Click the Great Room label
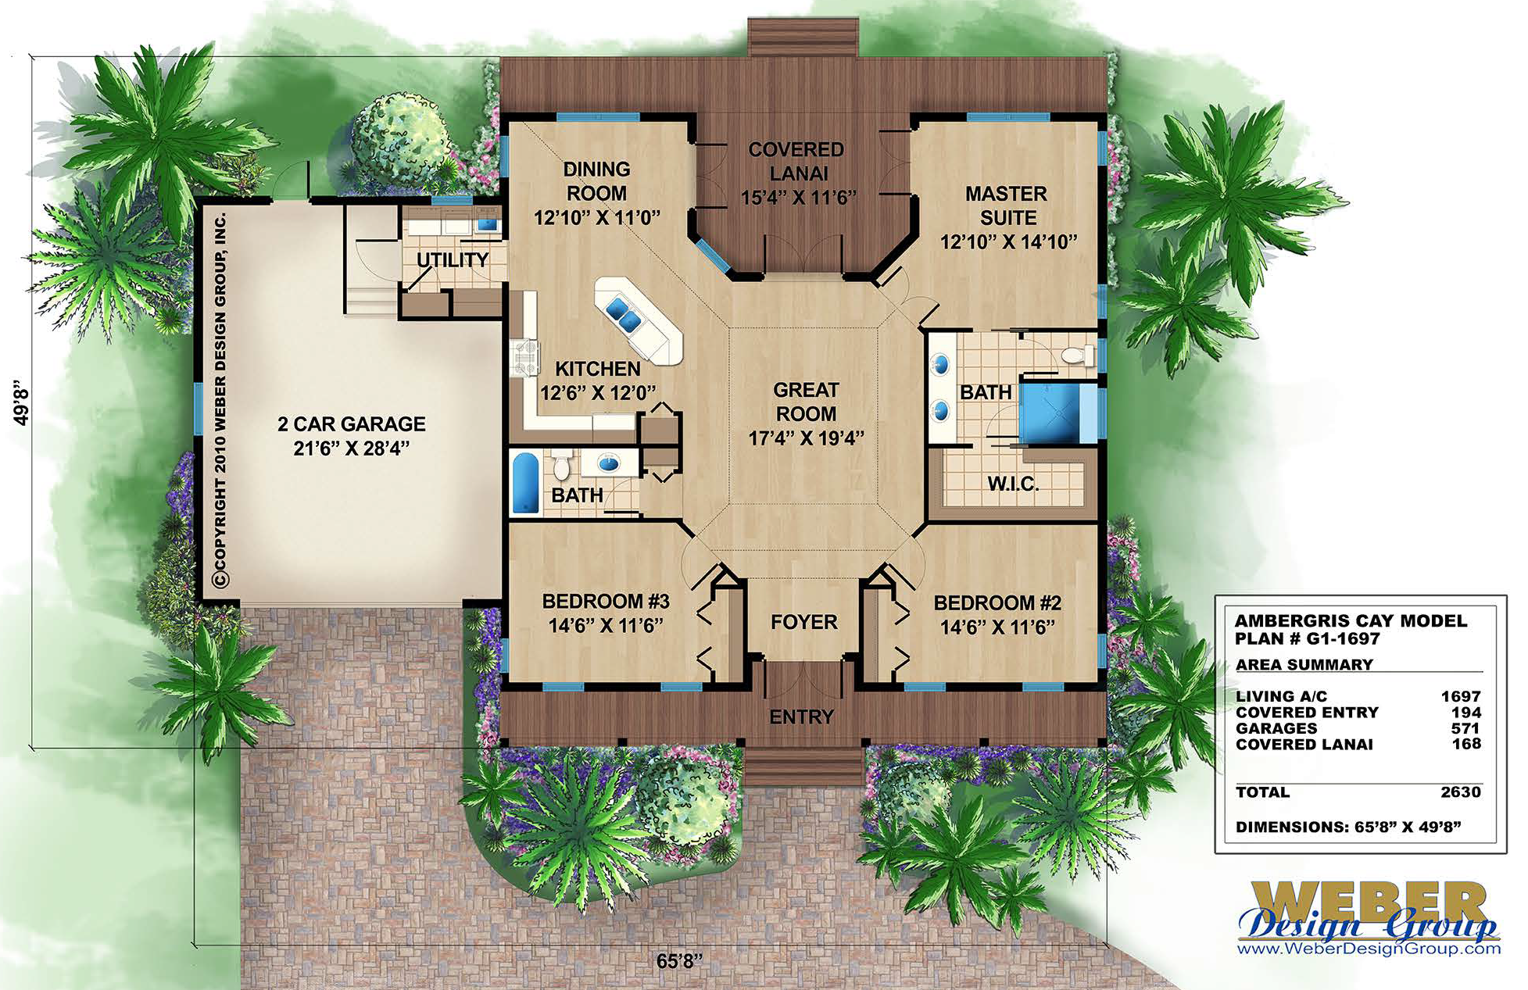tap(806, 402)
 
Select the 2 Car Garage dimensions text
tap(351, 448)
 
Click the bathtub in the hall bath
tap(526, 481)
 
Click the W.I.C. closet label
tap(1013, 484)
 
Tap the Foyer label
tap(803, 622)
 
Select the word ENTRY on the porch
tap(801, 717)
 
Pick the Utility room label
tap(452, 260)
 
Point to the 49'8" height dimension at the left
tap(22, 402)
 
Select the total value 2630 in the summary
tap(1460, 792)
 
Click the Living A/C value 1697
tap(1460, 696)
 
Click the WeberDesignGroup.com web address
tap(1369, 949)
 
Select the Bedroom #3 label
tap(605, 601)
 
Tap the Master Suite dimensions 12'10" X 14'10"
tap(1007, 242)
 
